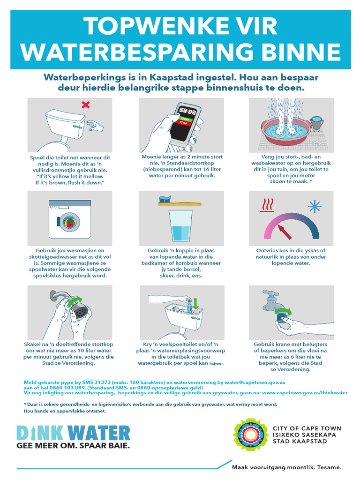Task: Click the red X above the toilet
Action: coord(85,105)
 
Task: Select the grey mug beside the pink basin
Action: coord(317,123)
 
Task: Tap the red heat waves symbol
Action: coord(267,205)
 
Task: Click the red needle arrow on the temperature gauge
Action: coord(283,230)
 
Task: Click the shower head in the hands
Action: coord(82,310)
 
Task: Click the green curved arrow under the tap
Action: coord(282,311)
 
